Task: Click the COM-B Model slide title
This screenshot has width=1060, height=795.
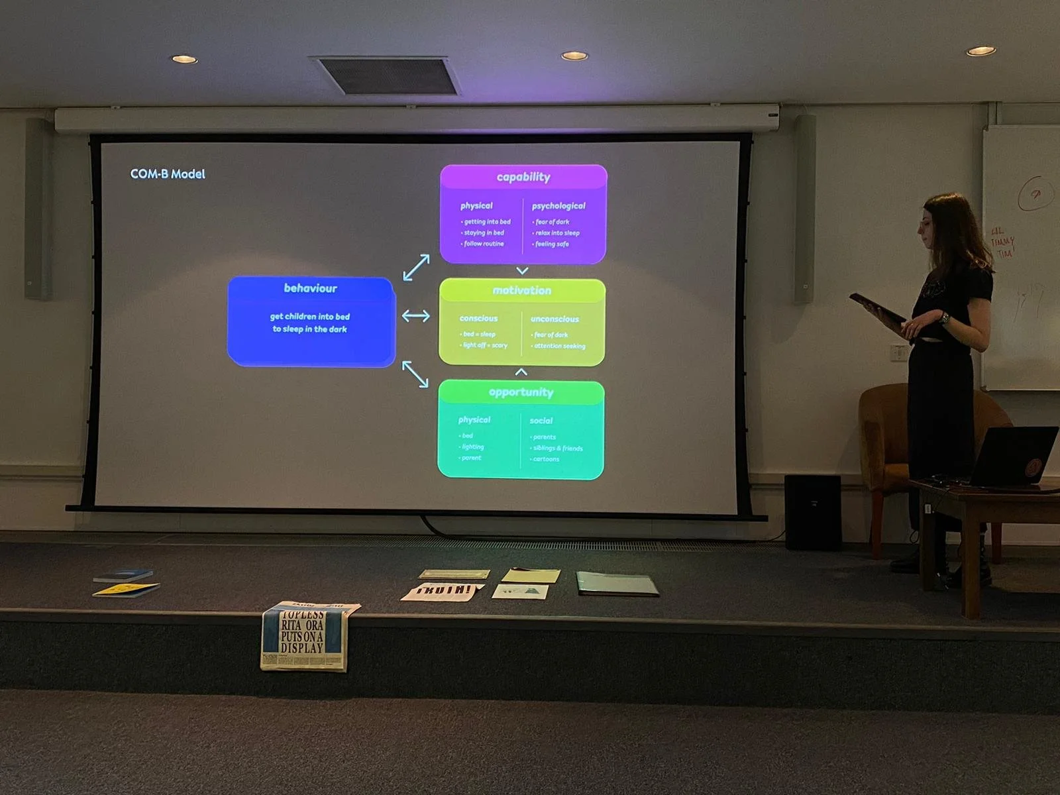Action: pos(168,174)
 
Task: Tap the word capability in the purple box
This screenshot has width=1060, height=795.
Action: pos(523,177)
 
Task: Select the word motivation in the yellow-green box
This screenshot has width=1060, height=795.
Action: pos(522,290)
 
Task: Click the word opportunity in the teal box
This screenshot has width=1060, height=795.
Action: pos(521,392)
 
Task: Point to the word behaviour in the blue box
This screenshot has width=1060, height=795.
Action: pos(310,288)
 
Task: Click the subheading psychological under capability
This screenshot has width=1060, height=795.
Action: pos(558,206)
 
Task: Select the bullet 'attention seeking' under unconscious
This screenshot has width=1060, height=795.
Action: pos(559,346)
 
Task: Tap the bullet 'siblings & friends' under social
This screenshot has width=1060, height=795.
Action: pos(558,449)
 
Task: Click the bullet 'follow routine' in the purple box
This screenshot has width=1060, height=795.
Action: pos(484,244)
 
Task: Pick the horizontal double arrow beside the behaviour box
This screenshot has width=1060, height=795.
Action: pos(415,316)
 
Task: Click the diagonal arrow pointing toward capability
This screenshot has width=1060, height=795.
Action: pos(416,268)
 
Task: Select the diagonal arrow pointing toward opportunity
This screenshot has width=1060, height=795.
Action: pos(415,374)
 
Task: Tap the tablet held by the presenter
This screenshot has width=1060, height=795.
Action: pos(876,307)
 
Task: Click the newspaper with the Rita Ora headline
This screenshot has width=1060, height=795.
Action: pos(304,636)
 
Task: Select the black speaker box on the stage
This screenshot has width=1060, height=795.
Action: pos(812,512)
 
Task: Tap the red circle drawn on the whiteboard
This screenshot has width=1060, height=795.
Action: pos(1035,193)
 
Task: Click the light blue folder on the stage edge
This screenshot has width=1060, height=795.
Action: pos(617,584)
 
